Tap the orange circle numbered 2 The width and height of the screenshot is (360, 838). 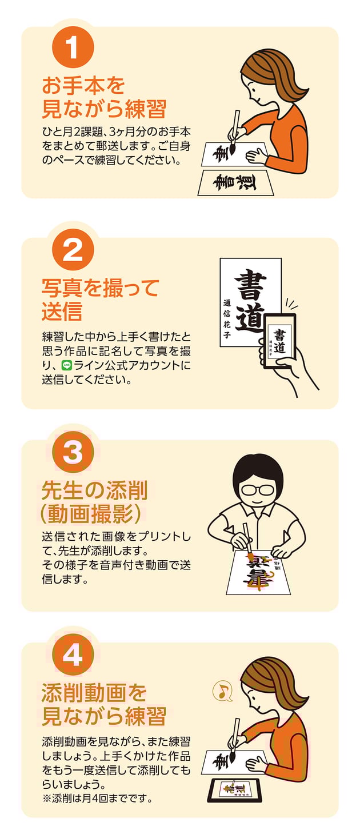[73, 250]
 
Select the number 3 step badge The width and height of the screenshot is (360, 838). [73, 452]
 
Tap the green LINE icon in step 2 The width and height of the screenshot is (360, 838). [67, 364]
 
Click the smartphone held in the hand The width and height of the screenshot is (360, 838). [279, 341]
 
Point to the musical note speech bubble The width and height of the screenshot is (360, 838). [223, 691]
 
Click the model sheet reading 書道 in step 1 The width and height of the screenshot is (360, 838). [235, 183]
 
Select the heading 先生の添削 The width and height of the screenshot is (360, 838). [95, 490]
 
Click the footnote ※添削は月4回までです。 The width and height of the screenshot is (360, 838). [98, 799]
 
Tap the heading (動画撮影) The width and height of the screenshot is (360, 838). [91, 514]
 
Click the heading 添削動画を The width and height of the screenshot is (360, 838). [94, 693]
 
